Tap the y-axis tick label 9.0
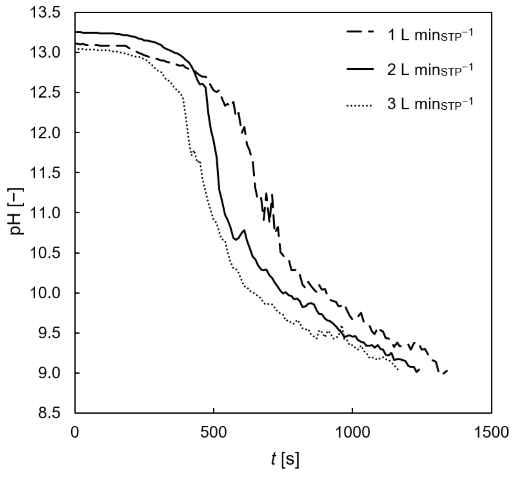51,373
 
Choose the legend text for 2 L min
430,70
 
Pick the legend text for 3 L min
430,104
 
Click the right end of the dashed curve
447,370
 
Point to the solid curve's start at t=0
75,32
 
